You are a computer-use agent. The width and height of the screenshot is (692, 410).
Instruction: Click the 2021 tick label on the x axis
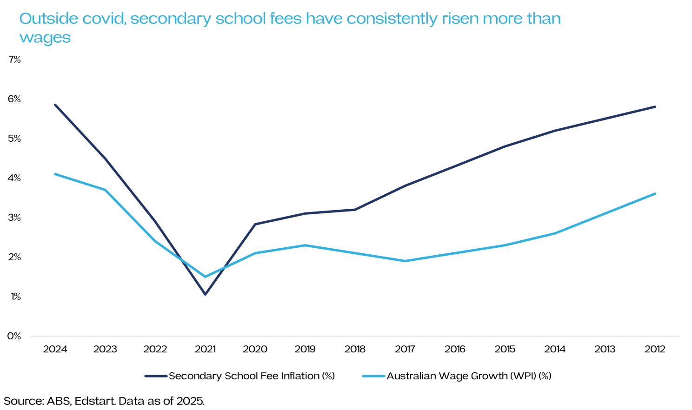[205, 349]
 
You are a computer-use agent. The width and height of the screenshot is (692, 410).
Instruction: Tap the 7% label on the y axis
[14, 60]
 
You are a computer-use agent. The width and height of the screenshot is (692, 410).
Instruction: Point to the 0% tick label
[14, 336]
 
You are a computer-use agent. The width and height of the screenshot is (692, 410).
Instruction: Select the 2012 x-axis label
[655, 349]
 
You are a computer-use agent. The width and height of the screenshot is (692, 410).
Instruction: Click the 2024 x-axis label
[55, 349]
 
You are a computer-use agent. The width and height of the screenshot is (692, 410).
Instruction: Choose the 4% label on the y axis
[14, 178]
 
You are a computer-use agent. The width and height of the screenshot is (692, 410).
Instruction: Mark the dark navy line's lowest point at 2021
[205, 294]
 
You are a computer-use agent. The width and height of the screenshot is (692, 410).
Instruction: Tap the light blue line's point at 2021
[205, 277]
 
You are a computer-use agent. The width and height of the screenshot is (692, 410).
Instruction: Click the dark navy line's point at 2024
[55, 105]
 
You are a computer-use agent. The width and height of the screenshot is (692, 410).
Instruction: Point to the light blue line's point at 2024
[55, 174]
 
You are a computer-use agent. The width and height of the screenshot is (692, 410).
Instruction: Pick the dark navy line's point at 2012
[655, 107]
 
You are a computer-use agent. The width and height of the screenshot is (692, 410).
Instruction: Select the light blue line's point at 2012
[655, 194]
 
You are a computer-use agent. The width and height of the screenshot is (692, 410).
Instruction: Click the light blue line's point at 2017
[405, 261]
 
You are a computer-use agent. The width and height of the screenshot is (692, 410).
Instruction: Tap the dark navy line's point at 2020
[255, 224]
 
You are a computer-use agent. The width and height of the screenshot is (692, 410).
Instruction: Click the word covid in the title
[105, 19]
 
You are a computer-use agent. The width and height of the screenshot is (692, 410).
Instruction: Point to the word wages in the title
[45, 38]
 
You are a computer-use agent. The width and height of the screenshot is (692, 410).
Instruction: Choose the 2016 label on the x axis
[455, 349]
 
